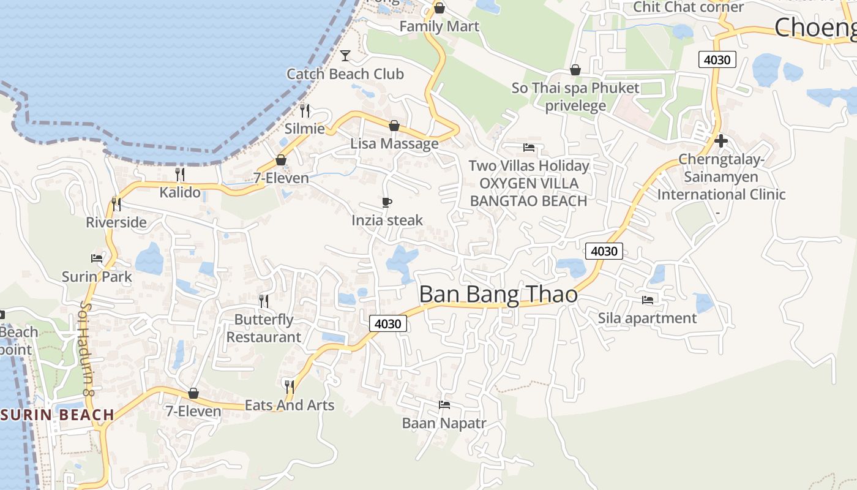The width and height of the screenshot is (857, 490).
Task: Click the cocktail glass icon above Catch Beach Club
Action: [x=345, y=56]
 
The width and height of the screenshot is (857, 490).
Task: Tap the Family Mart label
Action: [x=439, y=26]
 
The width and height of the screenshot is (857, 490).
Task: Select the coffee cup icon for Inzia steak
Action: [x=386, y=202]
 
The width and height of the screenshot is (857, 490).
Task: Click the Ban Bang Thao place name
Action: [x=498, y=295]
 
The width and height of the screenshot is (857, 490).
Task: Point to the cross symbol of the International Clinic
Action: [x=721, y=141]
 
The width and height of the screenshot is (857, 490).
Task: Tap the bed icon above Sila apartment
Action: [x=647, y=300]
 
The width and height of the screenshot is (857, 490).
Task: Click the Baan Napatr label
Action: [x=444, y=423]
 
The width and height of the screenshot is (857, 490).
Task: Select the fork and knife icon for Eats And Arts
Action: [x=290, y=386]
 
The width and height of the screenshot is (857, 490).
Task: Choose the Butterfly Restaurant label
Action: [x=264, y=328]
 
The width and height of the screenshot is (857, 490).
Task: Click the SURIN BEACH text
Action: [x=58, y=415]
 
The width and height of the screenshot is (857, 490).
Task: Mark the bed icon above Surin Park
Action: [x=97, y=258]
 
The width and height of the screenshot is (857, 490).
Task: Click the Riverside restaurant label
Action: [x=116, y=222]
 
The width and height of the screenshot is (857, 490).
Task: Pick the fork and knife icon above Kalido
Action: [x=179, y=175]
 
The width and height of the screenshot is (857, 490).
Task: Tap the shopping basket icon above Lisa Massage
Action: [x=394, y=126]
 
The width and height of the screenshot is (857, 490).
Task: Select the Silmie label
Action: [x=305, y=129]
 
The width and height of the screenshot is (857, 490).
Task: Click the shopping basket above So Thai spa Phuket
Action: [x=575, y=70]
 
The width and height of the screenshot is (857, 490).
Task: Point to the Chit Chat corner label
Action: [x=688, y=7]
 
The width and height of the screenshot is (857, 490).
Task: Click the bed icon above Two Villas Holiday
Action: [x=529, y=148]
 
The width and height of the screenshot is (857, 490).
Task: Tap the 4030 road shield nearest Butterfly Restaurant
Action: [x=388, y=323]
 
